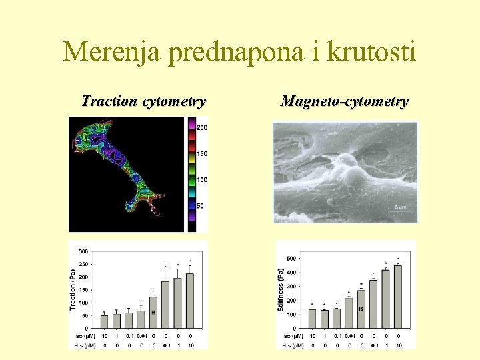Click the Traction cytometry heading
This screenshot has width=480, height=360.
(143, 102)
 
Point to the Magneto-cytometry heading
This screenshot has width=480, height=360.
(344, 102)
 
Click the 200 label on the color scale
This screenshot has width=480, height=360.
(202, 127)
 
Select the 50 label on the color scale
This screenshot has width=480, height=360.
(201, 206)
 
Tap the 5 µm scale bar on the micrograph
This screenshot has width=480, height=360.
(400, 208)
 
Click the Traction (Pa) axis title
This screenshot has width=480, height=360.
(73, 288)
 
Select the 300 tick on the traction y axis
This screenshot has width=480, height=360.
(84, 251)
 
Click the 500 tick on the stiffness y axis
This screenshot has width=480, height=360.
(292, 259)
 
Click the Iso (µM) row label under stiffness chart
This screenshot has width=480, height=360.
(290, 335)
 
